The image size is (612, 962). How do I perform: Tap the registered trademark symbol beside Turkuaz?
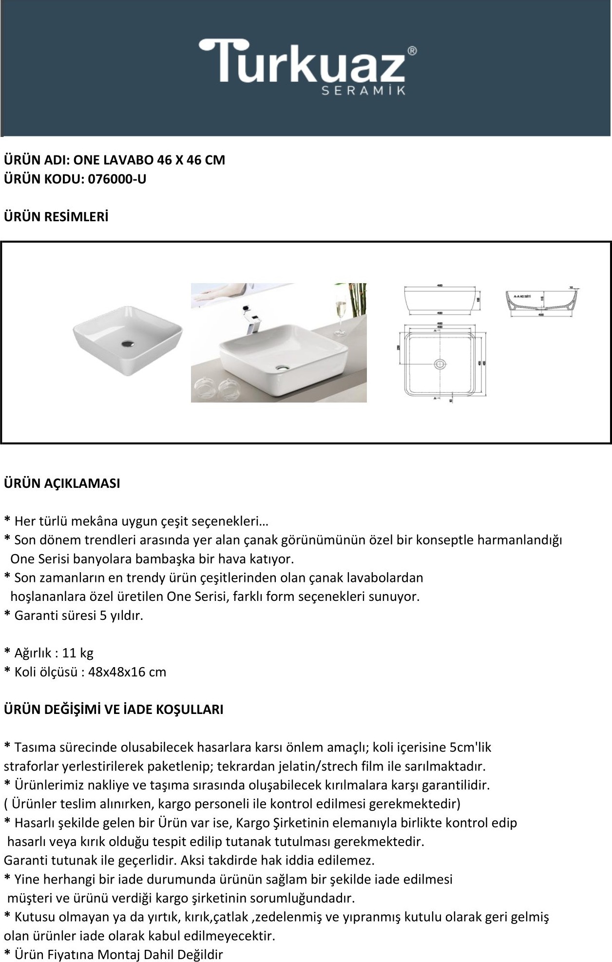(x=412, y=51)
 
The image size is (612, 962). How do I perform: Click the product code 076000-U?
(x=117, y=179)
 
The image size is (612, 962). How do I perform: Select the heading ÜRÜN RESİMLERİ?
(x=56, y=217)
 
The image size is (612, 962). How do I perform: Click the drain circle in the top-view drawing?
(x=440, y=364)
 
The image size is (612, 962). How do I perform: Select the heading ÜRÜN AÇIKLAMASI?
(x=62, y=483)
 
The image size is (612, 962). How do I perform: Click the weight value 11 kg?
(x=78, y=653)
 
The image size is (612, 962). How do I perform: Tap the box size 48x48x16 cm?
(x=127, y=672)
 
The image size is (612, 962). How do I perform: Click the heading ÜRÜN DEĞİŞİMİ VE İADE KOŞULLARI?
(x=114, y=710)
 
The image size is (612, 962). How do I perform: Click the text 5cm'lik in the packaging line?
(x=471, y=747)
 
